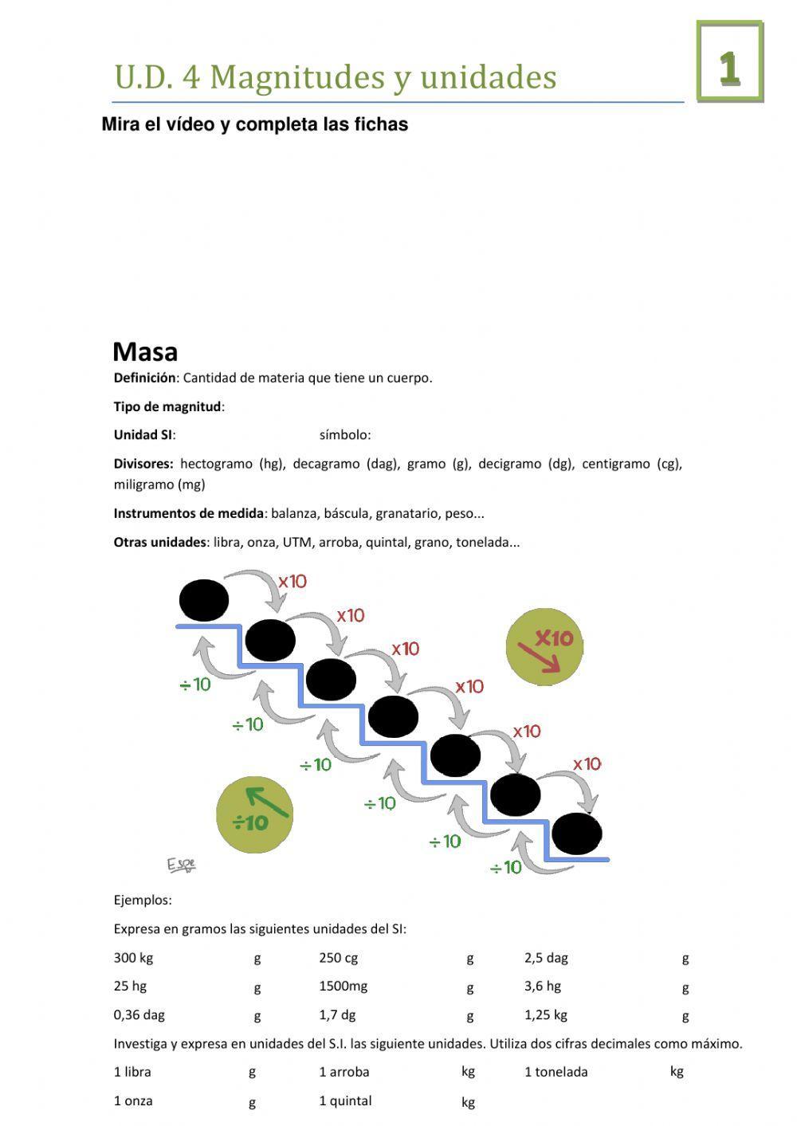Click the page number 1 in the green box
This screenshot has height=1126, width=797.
pos(729,69)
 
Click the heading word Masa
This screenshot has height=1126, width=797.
pos(145,351)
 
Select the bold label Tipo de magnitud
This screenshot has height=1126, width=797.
pos(167,406)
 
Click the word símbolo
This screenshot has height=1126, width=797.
pos(344,435)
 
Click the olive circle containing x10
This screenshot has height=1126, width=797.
pos(545,646)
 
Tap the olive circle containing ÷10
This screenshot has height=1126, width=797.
pos(254,814)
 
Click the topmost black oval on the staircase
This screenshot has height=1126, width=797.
pos(204,600)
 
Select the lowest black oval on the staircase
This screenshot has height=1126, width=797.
pos(576,834)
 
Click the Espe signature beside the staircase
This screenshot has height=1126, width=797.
pos(181,865)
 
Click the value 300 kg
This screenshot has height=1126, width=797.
pos(133,958)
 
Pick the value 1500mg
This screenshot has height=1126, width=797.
pos(344,987)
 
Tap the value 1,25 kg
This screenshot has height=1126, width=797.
pos(546,1015)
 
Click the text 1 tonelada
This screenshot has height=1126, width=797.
pos(556,1072)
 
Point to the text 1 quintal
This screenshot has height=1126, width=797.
pos(345,1100)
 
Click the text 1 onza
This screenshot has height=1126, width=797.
pos(133,1100)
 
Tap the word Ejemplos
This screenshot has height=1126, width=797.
pos(142,900)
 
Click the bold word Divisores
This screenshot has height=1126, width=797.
pos(143,464)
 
